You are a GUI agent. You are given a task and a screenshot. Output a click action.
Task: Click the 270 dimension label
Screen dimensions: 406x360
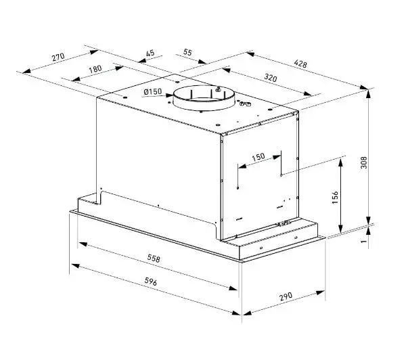pos(58,57)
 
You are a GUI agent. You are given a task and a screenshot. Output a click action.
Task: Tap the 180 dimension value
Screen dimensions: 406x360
pos(95,69)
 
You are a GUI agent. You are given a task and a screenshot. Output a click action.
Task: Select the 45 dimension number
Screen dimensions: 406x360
pos(150,53)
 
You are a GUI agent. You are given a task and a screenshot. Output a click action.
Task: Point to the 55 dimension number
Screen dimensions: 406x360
pos(187,52)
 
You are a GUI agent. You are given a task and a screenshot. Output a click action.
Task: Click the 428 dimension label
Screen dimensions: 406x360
pos(300,64)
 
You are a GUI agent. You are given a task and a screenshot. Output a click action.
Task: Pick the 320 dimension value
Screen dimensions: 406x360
pos(271,77)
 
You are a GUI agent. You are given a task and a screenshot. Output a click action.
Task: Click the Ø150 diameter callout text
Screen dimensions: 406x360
pos(153,91)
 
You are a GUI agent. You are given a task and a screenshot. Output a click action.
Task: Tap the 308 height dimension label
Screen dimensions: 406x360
pos(364,162)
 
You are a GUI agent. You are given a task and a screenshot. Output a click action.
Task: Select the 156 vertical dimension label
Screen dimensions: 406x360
pos(335,198)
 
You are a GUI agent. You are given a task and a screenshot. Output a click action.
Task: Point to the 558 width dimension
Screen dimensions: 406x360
pos(154,258)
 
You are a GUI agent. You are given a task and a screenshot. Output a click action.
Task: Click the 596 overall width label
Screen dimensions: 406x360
pos(151,282)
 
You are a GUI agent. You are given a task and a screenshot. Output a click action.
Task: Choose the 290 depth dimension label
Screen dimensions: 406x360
pos(286,296)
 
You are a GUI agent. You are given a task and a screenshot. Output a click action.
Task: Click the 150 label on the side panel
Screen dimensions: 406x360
pos(258,157)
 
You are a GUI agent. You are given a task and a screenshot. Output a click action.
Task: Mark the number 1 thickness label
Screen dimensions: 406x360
pos(364,241)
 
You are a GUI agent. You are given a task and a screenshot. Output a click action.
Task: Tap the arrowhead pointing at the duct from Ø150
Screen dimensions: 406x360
pos(168,95)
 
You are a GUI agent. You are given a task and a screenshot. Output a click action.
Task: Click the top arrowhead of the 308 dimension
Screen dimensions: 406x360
pos(368,94)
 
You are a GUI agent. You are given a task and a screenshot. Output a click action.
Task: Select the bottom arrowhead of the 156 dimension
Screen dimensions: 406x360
pos(341,229)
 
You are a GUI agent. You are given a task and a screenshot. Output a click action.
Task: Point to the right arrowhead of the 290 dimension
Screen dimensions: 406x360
pos(321,293)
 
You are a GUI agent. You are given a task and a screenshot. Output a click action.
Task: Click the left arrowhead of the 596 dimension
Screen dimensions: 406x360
pos(75,266)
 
